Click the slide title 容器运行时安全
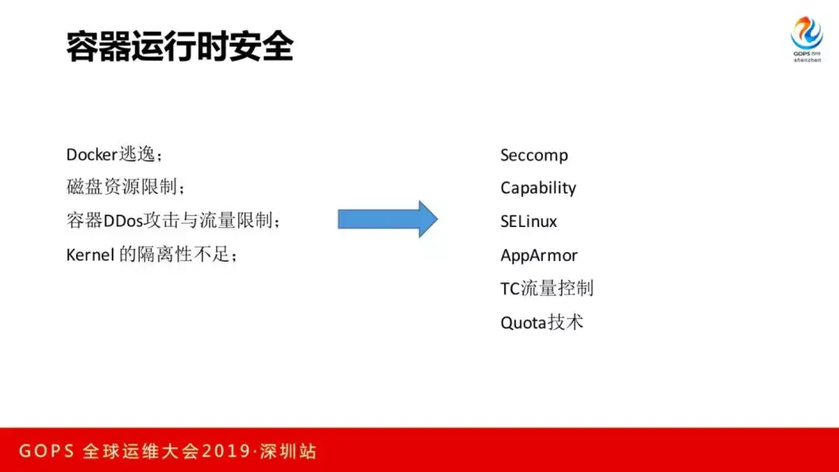coord(179,47)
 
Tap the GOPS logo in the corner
coord(807,39)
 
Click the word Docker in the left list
coord(92,155)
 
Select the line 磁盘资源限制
coord(125,187)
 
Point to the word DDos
coord(123,221)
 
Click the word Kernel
coord(90,255)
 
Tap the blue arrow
coord(388,219)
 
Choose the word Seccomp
coord(534,156)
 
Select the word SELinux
coord(529,222)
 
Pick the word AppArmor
coord(539,256)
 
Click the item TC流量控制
coord(547,288)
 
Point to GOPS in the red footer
coord(47,451)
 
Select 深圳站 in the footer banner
coord(288,451)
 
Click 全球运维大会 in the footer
coord(141,451)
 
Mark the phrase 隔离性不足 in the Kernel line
coord(183,254)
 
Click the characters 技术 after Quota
coord(566,323)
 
